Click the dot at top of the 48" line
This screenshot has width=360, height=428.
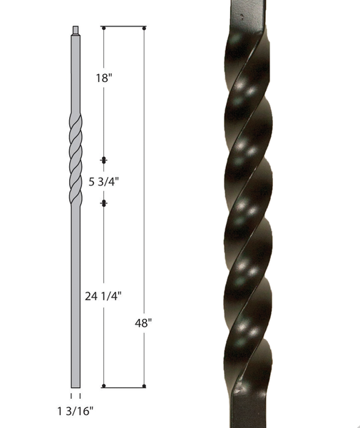pyautogui.click(x=145, y=28)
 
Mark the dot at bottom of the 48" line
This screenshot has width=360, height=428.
pyautogui.click(x=145, y=387)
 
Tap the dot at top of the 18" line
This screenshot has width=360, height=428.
pyautogui.click(x=104, y=28)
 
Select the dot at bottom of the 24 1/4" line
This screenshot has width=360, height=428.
pyautogui.click(x=104, y=387)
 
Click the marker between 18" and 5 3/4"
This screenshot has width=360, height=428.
pyautogui.click(x=104, y=159)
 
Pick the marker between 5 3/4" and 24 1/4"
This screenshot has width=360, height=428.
pyautogui.click(x=104, y=203)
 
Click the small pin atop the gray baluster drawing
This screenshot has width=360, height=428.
pyautogui.click(x=75, y=30)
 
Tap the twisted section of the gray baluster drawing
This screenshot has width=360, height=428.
pyautogui.click(x=75, y=157)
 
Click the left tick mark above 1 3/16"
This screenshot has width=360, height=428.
pyautogui.click(x=71, y=395)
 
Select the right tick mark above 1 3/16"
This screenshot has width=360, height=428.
pyautogui.click(x=80, y=395)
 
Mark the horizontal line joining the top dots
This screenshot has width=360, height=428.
pyautogui.click(x=125, y=28)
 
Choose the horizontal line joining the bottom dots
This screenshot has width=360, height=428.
pyautogui.click(x=125, y=387)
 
